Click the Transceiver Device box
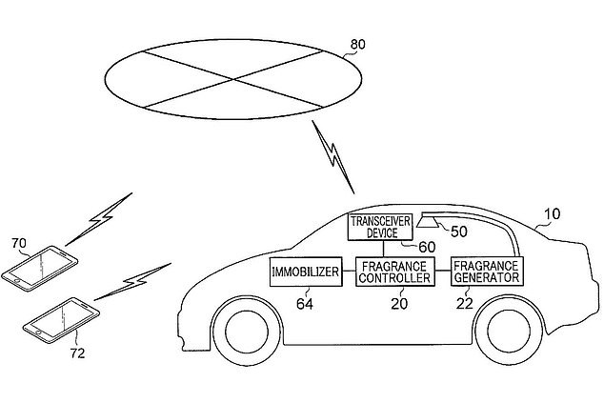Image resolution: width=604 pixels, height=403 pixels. [x=380, y=228]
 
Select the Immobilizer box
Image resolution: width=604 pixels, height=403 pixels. [x=306, y=272]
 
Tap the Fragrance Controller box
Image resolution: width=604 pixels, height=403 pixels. [x=394, y=272]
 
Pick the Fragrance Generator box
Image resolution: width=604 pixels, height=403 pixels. [x=487, y=272]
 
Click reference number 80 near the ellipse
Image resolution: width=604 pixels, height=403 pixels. [x=358, y=45]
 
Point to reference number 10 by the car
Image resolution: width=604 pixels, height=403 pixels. [x=553, y=213]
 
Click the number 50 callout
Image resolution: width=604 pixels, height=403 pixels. [x=459, y=232]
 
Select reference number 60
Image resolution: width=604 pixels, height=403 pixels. [x=427, y=248]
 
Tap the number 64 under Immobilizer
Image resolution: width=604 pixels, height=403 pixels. [x=305, y=304]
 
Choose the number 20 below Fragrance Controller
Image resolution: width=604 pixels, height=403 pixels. [x=399, y=304]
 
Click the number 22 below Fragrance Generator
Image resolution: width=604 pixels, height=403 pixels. [x=465, y=304]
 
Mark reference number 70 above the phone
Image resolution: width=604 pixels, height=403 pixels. [x=19, y=244]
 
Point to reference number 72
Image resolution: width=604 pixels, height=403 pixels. [x=77, y=353]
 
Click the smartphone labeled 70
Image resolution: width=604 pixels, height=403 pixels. [x=40, y=269]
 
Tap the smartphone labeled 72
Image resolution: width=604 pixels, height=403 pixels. [x=61, y=320]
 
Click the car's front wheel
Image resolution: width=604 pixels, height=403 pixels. [x=247, y=332]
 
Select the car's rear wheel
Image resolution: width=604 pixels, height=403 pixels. [x=509, y=331]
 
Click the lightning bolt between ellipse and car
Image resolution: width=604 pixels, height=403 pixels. [x=332, y=156]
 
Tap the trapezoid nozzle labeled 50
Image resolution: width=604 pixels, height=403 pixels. [x=428, y=222]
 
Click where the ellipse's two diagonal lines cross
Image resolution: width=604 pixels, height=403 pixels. [x=233, y=79]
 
